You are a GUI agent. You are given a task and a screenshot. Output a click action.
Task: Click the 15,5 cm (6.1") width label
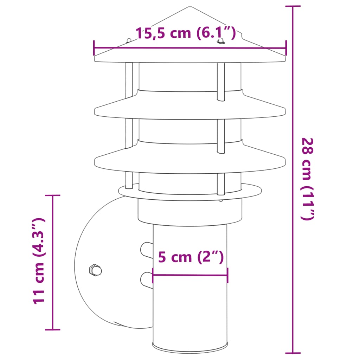click(x=185, y=33)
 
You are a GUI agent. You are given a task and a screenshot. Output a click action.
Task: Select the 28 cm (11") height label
click(x=307, y=179)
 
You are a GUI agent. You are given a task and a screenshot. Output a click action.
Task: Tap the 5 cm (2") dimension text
click(x=191, y=257)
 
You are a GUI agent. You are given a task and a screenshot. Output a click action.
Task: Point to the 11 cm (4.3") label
click(x=39, y=261)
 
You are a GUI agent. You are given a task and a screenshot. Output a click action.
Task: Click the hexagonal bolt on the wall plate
click(x=95, y=270)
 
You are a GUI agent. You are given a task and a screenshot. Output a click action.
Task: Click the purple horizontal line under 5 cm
click(x=190, y=275)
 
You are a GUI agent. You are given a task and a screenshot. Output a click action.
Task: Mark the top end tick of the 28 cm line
click(x=292, y=6)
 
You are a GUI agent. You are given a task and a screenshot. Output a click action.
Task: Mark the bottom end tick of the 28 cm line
click(x=292, y=353)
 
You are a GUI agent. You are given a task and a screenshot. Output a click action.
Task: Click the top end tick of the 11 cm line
click(x=53, y=195)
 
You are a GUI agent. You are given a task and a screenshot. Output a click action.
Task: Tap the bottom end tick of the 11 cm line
click(x=53, y=329)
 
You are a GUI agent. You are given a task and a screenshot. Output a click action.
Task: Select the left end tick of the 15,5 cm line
click(x=94, y=48)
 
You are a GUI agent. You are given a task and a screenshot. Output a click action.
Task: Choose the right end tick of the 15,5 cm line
click(x=286, y=48)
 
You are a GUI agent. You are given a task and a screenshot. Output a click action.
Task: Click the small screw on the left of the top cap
click(x=129, y=41)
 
